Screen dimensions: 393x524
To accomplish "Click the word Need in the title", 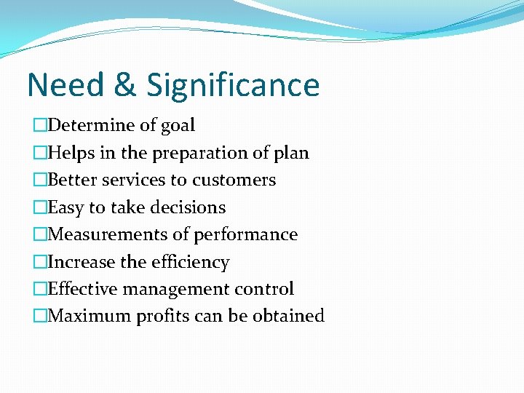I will click(x=65, y=84).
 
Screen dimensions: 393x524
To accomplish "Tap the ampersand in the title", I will click(x=125, y=84).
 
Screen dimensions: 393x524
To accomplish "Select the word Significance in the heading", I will click(x=233, y=84).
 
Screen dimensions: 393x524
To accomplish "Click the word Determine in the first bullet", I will click(x=91, y=125).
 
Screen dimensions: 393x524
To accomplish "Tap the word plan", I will click(x=293, y=154).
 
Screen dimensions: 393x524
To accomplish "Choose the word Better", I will click(x=71, y=180).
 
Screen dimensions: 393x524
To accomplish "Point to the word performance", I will click(x=254, y=235).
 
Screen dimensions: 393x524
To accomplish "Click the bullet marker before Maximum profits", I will click(x=39, y=316).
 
